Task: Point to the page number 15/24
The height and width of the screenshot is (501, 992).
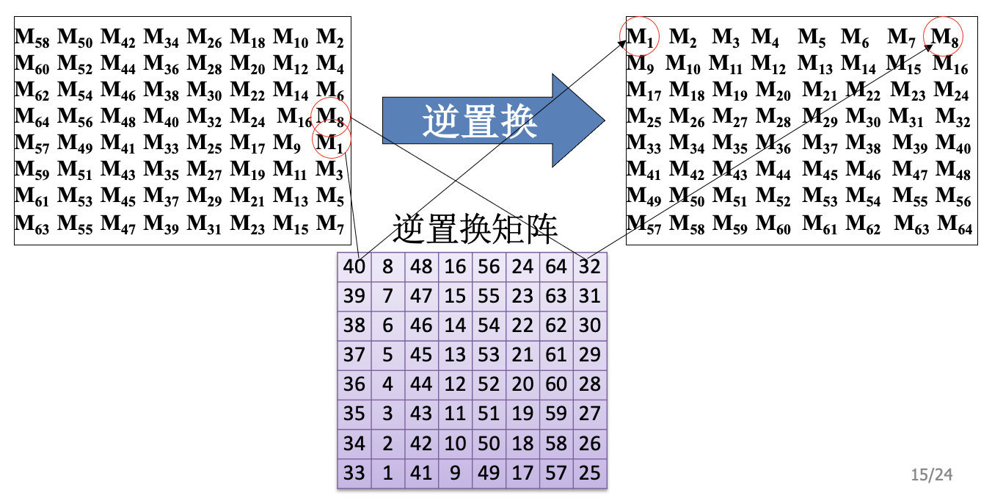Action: pyautogui.click(x=931, y=475)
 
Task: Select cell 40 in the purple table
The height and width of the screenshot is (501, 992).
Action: pyautogui.click(x=354, y=267)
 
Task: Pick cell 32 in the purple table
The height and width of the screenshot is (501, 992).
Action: pyautogui.click(x=589, y=267)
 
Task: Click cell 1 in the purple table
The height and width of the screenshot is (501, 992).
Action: pyautogui.click(x=388, y=473)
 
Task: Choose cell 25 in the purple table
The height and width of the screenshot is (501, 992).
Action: pyautogui.click(x=589, y=473)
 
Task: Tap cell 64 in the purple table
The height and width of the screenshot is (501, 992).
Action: pyautogui.click(x=556, y=267)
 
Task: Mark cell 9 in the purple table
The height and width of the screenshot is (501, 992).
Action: pyautogui.click(x=455, y=473)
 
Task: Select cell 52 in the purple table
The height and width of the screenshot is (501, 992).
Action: pyautogui.click(x=489, y=384)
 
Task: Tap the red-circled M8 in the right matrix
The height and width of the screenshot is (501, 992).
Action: pyautogui.click(x=944, y=37)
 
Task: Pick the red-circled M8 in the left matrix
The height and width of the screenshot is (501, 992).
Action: pyautogui.click(x=330, y=116)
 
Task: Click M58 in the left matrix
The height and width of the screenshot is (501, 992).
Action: pyautogui.click(x=32, y=37)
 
